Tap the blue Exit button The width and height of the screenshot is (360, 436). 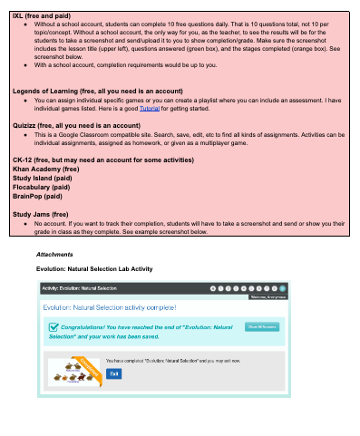113,373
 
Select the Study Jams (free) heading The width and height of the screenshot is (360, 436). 41,216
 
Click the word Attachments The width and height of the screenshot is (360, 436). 54,255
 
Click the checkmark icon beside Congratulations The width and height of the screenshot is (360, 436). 54,328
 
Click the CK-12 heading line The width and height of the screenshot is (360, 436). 102,157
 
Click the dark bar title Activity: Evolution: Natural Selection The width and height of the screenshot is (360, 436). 80,287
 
